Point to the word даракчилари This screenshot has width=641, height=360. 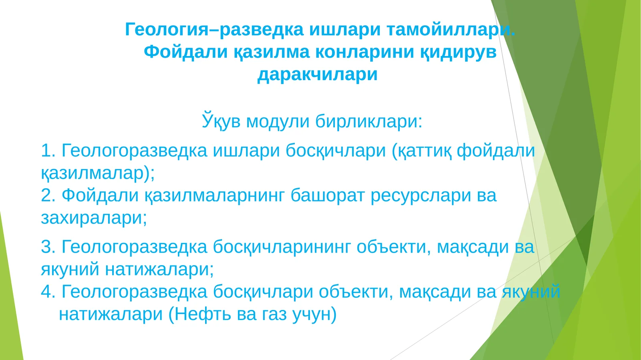click(317, 74)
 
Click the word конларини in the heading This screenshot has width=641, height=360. click(365, 52)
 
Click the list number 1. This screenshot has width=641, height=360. click(48, 151)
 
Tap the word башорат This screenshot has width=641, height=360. click(327, 195)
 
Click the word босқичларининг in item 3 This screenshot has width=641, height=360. click(282, 247)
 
